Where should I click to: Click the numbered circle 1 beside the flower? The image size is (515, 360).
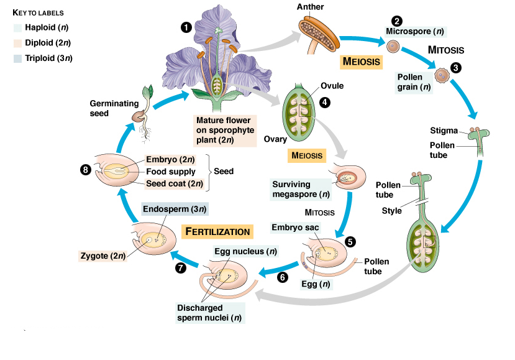(x=185, y=27)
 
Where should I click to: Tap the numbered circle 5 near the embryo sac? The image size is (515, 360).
(x=350, y=242)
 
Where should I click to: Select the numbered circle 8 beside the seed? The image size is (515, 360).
(x=86, y=170)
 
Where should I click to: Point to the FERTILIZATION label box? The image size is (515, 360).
(x=217, y=231)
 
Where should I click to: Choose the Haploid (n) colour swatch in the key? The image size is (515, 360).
(x=17, y=27)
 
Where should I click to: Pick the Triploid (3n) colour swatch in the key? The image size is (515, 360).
(x=17, y=58)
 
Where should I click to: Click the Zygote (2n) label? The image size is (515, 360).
(x=103, y=254)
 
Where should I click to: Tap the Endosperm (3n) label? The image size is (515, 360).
(x=175, y=209)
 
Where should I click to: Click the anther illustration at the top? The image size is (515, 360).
(x=317, y=29)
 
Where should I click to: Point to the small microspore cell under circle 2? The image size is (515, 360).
(x=393, y=47)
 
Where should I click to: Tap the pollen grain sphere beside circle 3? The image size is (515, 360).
(x=441, y=76)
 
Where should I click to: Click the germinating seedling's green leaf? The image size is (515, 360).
(x=148, y=91)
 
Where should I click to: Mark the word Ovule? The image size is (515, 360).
(x=332, y=85)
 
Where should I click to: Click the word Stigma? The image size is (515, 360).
(x=444, y=131)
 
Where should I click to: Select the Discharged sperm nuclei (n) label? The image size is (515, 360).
(x=209, y=313)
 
